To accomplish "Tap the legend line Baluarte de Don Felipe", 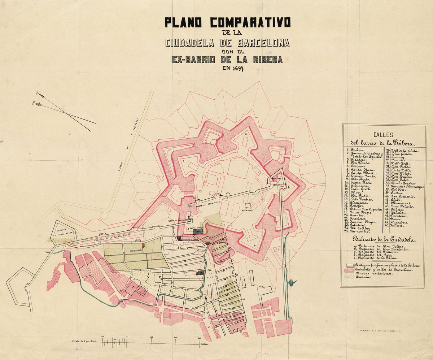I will tap(375, 246).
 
